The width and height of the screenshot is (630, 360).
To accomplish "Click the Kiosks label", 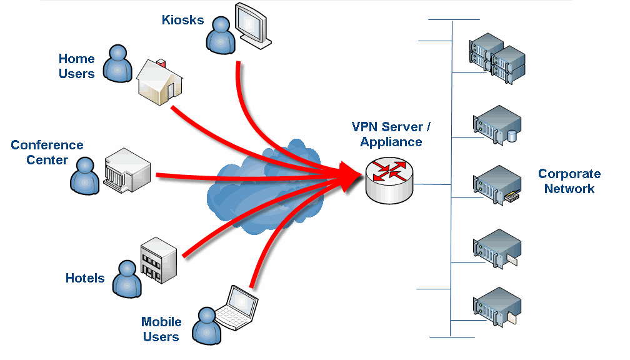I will click(x=182, y=20).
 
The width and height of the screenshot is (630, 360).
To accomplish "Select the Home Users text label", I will click(x=76, y=66).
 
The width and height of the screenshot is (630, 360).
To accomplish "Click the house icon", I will click(x=160, y=82).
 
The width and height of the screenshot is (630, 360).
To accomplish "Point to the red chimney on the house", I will click(x=162, y=63).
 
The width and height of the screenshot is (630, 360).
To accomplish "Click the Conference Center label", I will click(x=47, y=152).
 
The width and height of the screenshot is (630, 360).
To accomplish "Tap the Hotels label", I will click(x=85, y=278).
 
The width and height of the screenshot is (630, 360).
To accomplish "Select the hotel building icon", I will click(x=159, y=259).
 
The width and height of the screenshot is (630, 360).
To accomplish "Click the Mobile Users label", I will click(x=161, y=329).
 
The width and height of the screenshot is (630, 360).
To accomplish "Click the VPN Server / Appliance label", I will click(x=391, y=134).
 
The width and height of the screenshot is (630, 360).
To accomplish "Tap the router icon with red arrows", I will click(x=389, y=177).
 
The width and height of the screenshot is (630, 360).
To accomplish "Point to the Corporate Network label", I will click(x=569, y=181).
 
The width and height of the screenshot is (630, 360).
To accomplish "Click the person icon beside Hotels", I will click(x=127, y=278).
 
